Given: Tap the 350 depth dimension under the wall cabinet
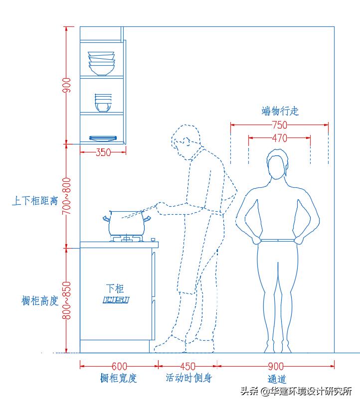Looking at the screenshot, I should pos(103,152).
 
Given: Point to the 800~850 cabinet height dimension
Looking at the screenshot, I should pos(66,300).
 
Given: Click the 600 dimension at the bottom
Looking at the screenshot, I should pos(119,367).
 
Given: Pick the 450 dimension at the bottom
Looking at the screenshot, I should pos(187,367).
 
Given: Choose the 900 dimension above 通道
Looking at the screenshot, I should pos(276,367).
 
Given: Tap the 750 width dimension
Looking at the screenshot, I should pos(279,125).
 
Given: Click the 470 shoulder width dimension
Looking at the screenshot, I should pos(279,138).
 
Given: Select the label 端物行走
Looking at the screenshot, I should pos(280,111).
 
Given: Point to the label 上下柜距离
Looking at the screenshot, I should pos(35,201).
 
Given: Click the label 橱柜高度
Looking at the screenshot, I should pos(40,301).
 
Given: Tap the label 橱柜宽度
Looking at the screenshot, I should pos(119,378).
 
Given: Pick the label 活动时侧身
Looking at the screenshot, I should pos(189,378).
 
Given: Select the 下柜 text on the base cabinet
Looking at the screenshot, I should pos(115,288).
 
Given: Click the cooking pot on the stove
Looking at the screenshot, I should pos(127,222).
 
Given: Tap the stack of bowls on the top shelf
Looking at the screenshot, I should pos(102,63).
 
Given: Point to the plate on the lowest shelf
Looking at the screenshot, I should pos(103,138).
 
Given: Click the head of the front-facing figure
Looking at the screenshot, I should pos(277,164).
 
